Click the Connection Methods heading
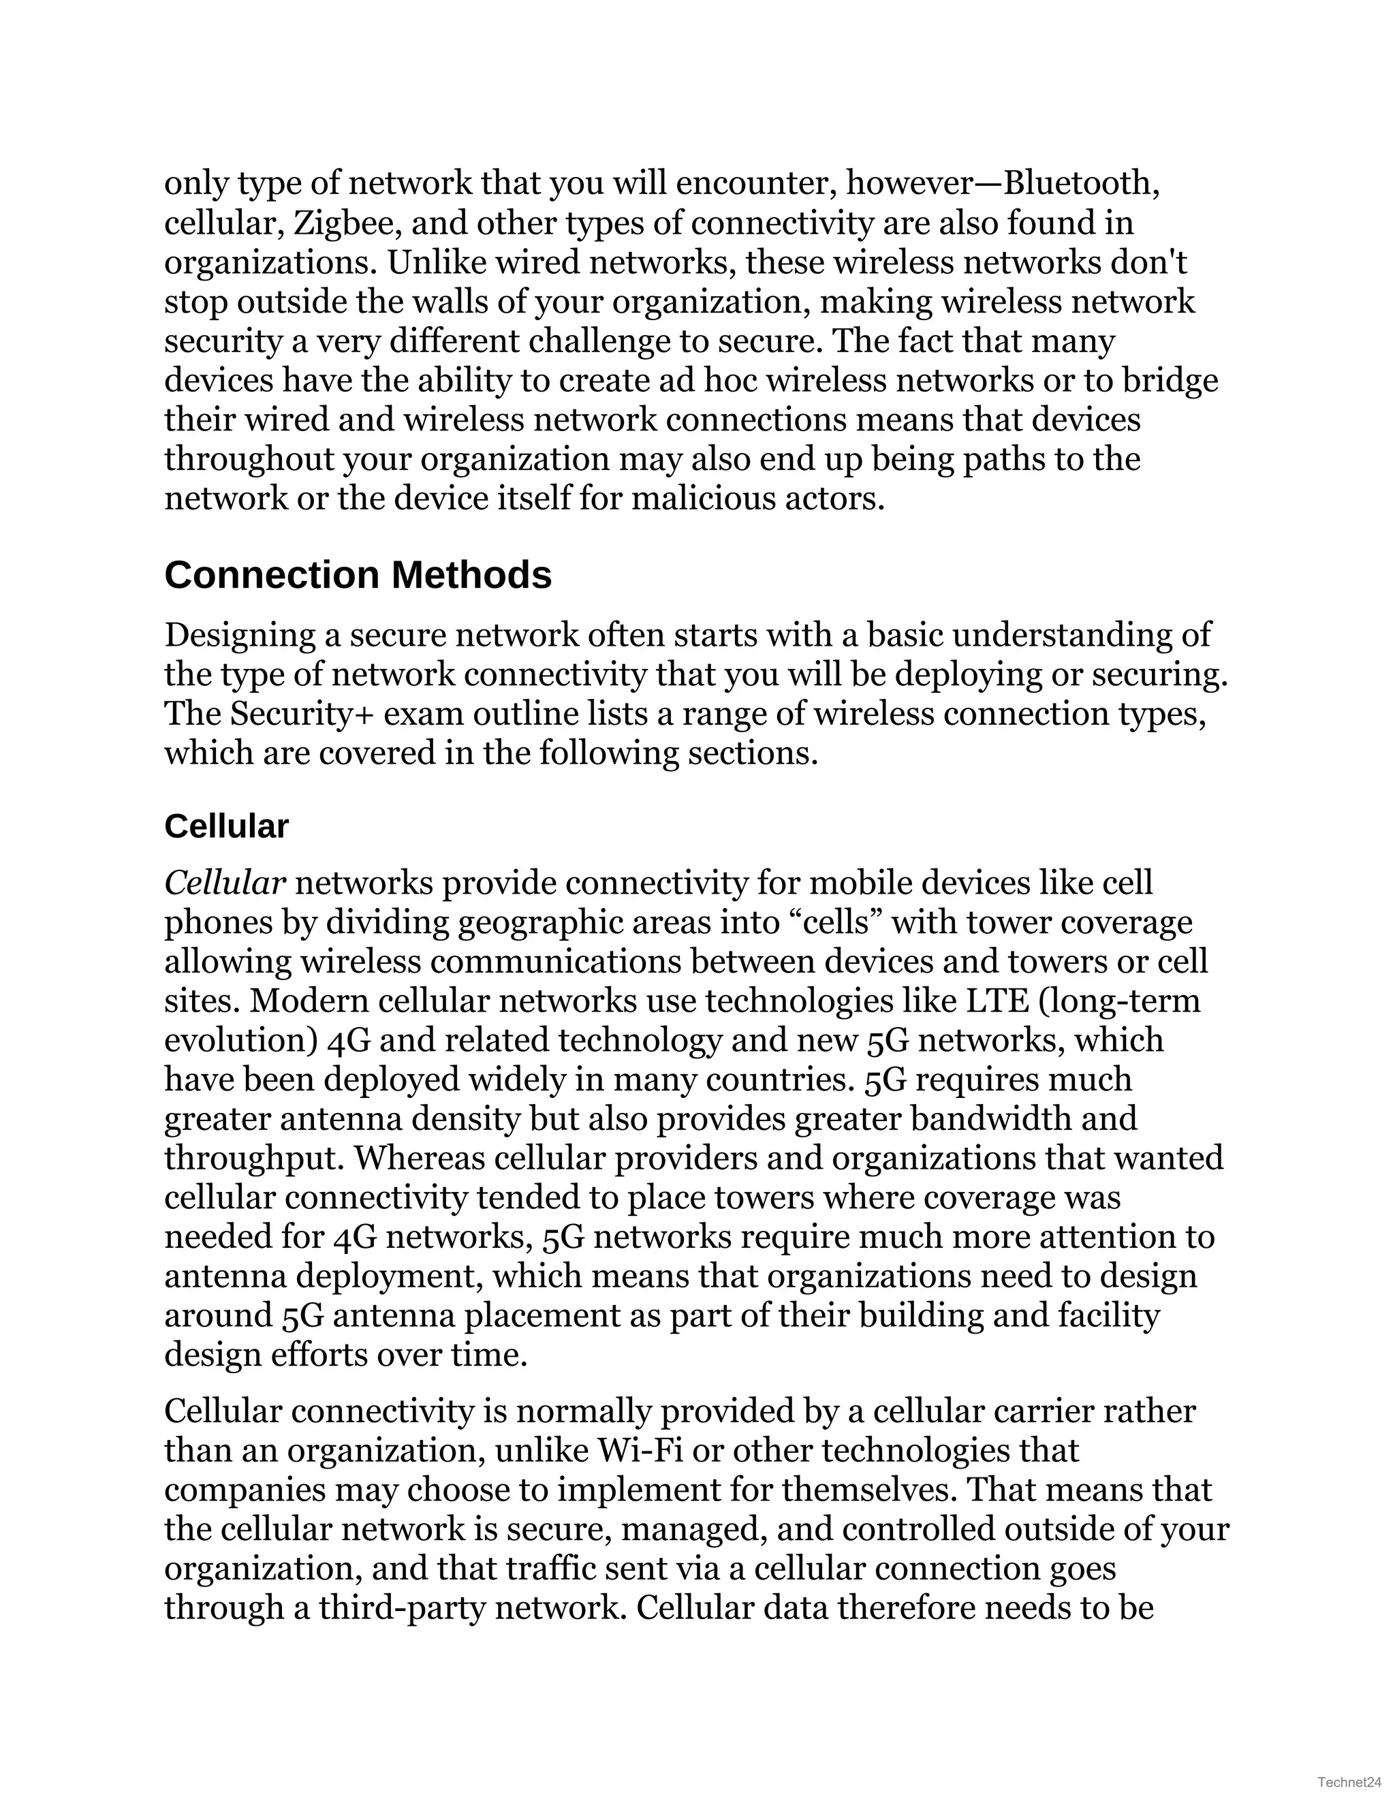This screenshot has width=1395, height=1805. (x=358, y=576)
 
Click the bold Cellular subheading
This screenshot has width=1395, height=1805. (x=225, y=826)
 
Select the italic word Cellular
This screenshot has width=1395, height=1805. (x=225, y=883)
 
